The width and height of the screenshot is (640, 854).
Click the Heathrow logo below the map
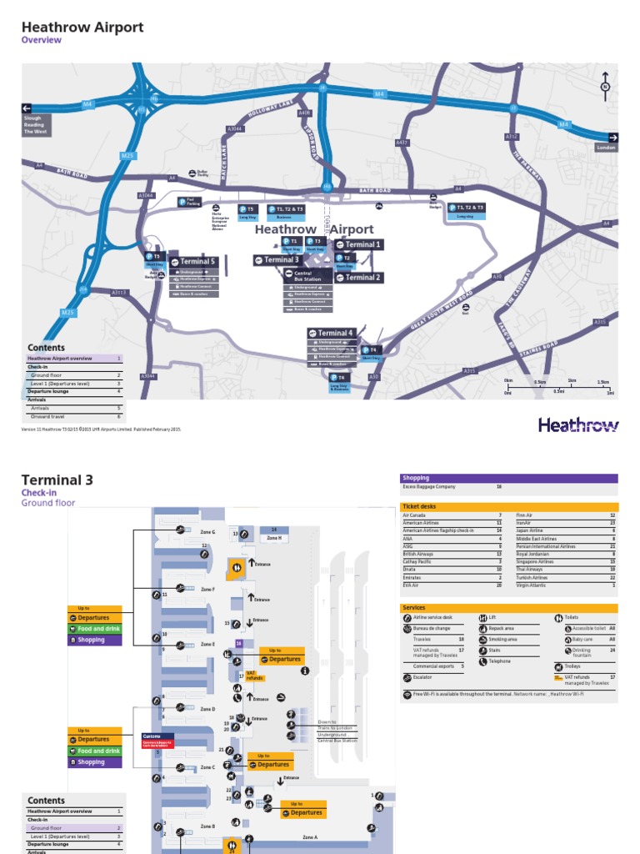coord(578,425)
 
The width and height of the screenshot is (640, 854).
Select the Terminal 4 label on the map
coord(333,333)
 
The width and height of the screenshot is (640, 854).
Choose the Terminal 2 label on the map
coord(358,278)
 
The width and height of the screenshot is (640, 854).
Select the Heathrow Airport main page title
coord(82,28)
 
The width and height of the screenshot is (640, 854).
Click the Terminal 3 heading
coord(57,480)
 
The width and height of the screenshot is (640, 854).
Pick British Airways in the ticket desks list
coord(417,554)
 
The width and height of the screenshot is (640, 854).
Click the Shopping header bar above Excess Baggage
coord(509,478)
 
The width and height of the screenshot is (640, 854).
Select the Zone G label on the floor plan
coord(207,531)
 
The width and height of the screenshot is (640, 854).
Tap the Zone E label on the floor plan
coord(207,645)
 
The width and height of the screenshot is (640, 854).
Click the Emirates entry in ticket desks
coord(411,577)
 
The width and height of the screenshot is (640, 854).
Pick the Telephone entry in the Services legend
coord(499,661)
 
